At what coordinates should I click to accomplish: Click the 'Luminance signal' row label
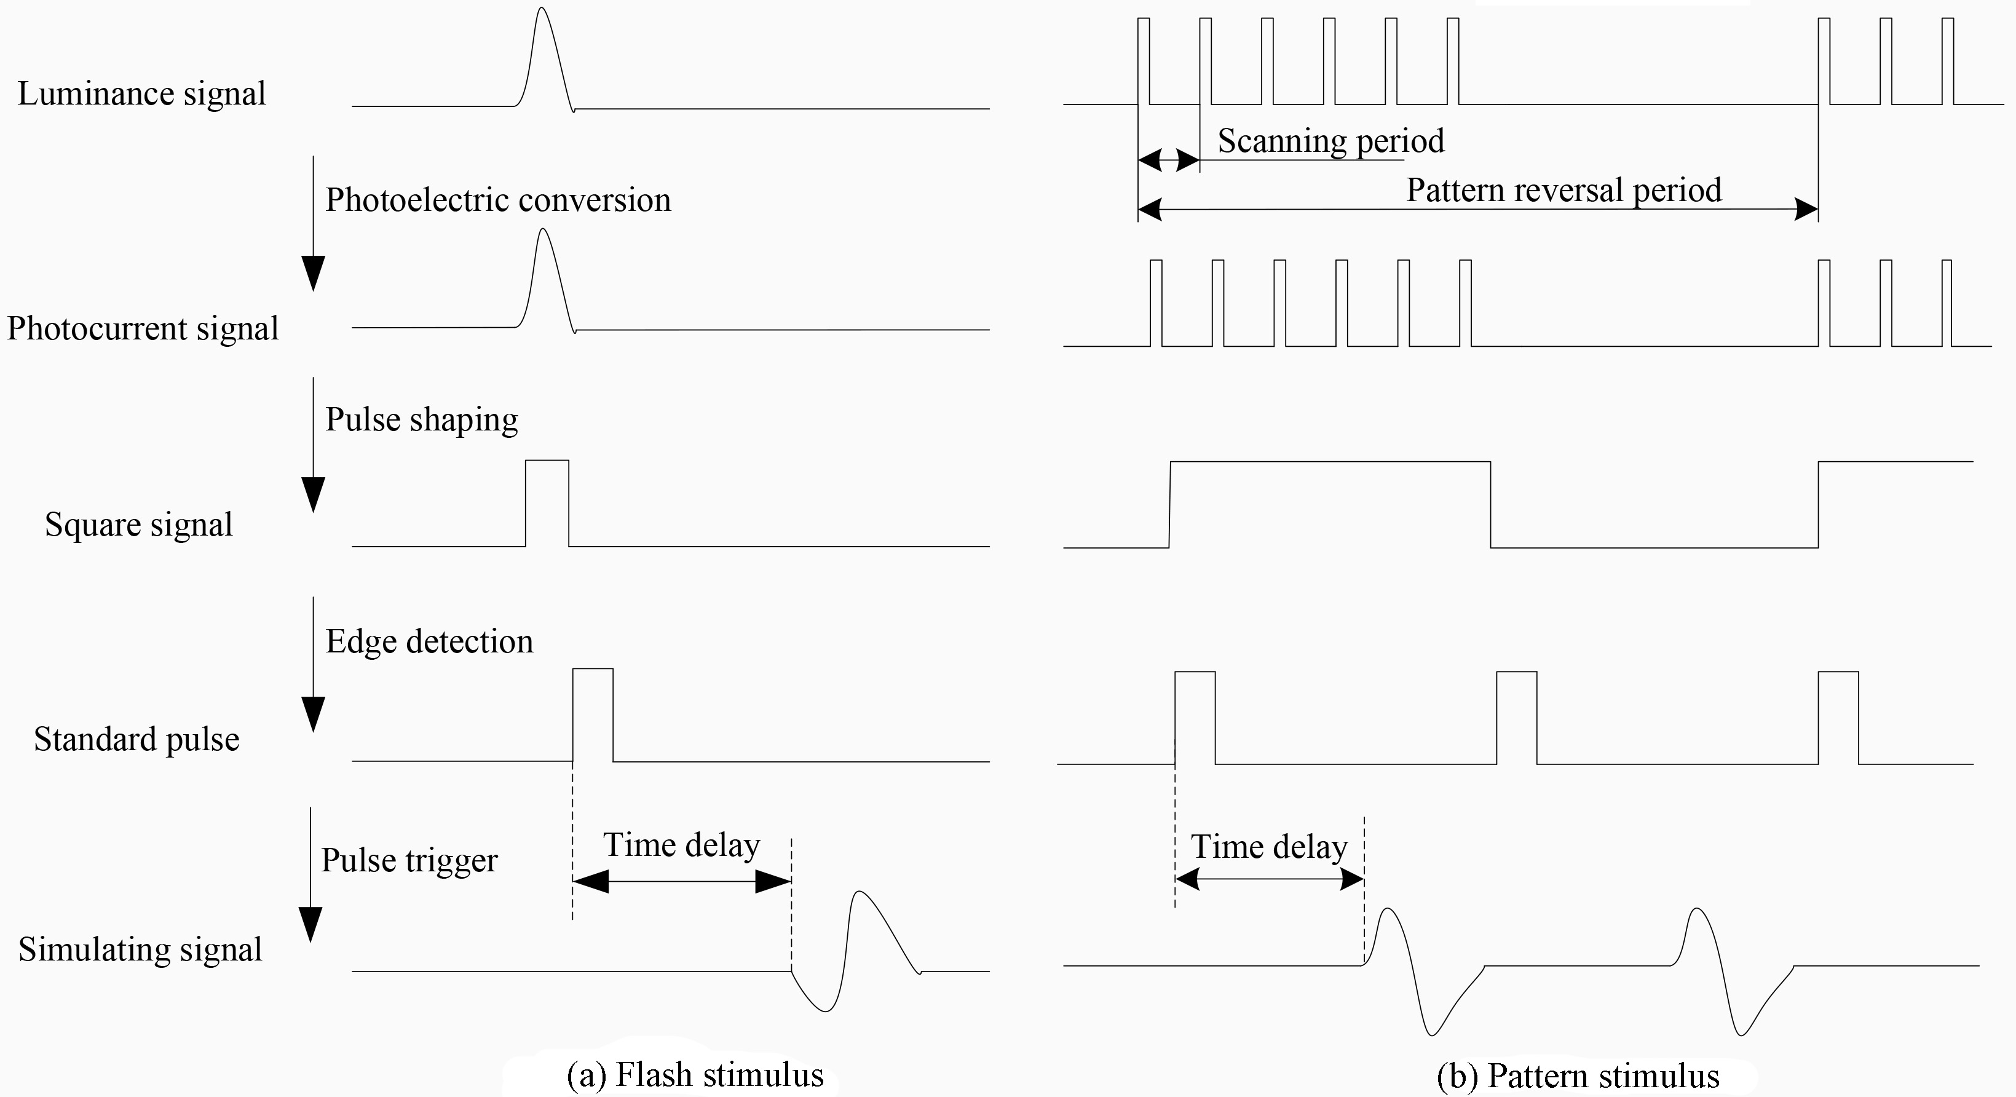[141, 94]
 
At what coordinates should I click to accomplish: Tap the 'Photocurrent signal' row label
[143, 328]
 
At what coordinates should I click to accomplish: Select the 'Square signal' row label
[138, 525]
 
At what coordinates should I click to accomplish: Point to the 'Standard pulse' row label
[136, 739]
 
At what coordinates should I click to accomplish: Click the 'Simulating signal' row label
[140, 950]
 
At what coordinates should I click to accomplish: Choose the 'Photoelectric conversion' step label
[499, 200]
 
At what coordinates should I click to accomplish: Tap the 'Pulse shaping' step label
[422, 420]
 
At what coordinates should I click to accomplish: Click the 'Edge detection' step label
[430, 641]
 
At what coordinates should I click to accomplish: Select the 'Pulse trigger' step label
[409, 861]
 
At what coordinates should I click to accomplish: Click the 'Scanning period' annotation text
[1331, 141]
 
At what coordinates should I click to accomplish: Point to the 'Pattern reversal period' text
[1563, 190]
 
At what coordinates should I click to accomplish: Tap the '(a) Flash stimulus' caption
[695, 1075]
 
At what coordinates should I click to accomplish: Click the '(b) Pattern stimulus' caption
[1578, 1076]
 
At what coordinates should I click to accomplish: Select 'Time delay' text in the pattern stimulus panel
[1270, 847]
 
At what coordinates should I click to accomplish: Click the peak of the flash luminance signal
[542, 8]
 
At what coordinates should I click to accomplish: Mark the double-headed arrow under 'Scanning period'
[1168, 161]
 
